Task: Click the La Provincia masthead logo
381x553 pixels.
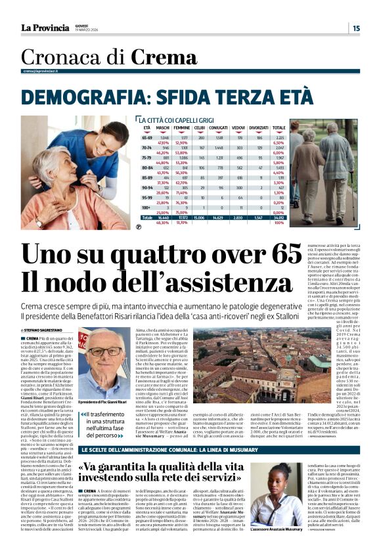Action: click(x=45, y=28)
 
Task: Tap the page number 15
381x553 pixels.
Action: click(x=355, y=28)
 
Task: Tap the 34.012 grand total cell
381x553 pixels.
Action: click(x=279, y=218)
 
